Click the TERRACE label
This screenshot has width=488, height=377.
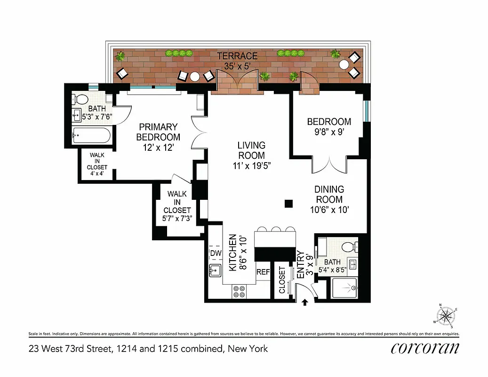pyautogui.click(x=237, y=56)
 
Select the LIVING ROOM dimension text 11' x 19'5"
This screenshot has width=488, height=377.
pyautogui.click(x=251, y=165)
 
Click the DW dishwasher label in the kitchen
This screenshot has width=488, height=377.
pyautogui.click(x=215, y=254)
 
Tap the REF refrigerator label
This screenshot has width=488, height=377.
pyautogui.click(x=262, y=272)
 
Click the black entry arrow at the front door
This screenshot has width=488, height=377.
pyautogui.click(x=305, y=302)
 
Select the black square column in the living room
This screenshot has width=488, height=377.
pyautogui.click(x=289, y=203)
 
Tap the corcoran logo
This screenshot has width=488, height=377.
pyautogui.click(x=424, y=348)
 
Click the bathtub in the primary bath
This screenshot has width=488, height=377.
pyautogui.click(x=92, y=137)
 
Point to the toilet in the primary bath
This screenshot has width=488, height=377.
pyautogui.click(x=81, y=99)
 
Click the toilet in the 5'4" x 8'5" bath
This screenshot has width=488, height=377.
pyautogui.click(x=349, y=246)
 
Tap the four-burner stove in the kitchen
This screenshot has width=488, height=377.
pyautogui.click(x=239, y=292)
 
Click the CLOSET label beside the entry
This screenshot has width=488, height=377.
pyautogui.click(x=282, y=280)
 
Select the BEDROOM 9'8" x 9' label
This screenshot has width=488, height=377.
pyautogui.click(x=329, y=127)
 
